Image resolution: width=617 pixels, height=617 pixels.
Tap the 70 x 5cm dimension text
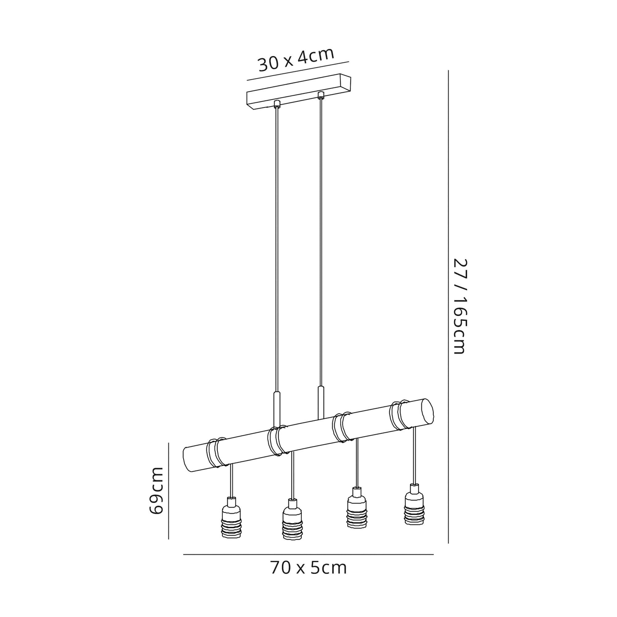(308, 568)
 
